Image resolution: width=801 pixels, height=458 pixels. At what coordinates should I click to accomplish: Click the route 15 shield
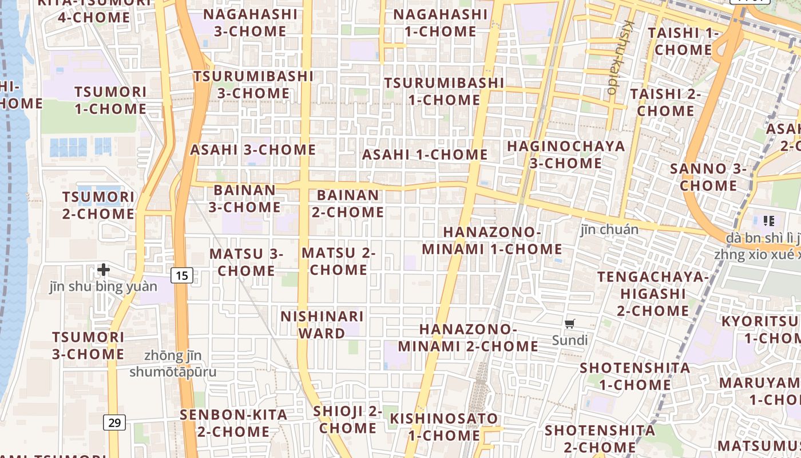[x=181, y=276]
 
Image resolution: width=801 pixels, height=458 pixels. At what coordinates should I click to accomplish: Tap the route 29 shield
[x=114, y=423]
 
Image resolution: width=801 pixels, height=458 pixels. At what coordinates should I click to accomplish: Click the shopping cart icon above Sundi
[x=569, y=324]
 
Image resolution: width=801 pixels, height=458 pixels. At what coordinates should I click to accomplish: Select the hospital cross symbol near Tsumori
[x=104, y=269]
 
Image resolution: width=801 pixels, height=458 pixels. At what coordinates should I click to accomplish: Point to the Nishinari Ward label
[x=322, y=325]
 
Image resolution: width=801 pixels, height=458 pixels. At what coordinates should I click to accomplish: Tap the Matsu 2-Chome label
[x=339, y=261]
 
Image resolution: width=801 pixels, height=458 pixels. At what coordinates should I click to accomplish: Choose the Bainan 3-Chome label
[x=245, y=198]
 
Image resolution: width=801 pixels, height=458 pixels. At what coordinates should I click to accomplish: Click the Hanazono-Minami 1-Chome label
[x=492, y=240]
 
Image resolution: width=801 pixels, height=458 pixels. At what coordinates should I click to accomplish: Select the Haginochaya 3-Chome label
[x=566, y=155]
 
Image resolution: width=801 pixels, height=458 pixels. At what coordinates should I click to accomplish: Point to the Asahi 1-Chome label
[x=425, y=155]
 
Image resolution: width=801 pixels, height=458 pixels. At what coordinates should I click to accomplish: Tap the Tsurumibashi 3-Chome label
[x=253, y=84]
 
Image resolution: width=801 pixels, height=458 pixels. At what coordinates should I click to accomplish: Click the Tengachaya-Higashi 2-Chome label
[x=653, y=294]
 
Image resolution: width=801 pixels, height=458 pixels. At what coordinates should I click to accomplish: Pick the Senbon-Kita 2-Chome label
[x=233, y=423]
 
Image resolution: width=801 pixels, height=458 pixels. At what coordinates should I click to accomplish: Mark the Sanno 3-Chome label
[x=708, y=177]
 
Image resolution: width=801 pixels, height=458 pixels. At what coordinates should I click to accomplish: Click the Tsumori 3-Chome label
[x=88, y=345]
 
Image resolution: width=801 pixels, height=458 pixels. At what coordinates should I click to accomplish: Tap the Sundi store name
[x=570, y=340]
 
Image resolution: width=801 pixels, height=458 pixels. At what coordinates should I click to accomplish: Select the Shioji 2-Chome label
[x=348, y=419]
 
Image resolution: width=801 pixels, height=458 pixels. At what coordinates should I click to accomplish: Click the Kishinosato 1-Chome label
[x=444, y=427]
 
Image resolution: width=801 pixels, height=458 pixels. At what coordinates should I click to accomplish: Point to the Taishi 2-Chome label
[x=665, y=102]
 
